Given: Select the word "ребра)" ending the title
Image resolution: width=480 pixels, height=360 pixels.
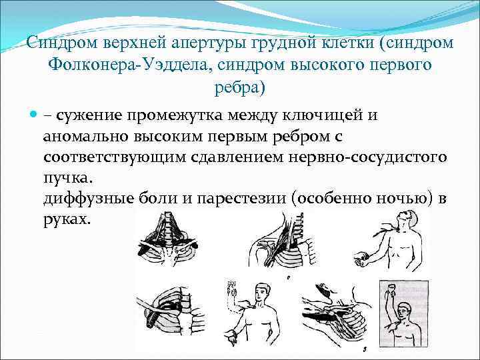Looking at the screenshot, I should pyautogui.click(x=240, y=87).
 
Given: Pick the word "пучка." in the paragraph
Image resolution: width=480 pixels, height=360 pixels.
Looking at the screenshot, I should pyautogui.click(x=69, y=180).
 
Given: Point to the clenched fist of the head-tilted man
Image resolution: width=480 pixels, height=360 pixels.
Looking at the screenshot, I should pyautogui.click(x=364, y=257).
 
